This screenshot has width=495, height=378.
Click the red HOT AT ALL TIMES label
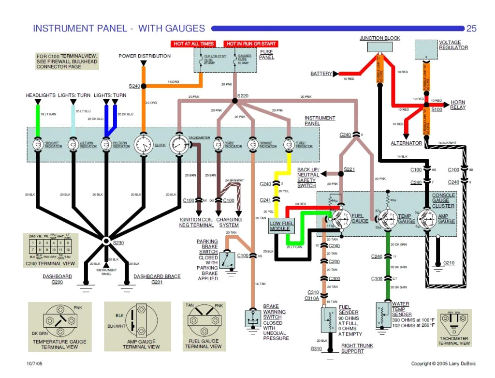tap(193, 44)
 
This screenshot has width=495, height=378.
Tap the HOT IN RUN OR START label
tap(251, 44)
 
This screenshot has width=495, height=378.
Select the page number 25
tap(471, 29)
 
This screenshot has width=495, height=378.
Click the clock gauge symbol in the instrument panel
tap(143, 144)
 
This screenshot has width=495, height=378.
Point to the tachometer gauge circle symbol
tap(178, 144)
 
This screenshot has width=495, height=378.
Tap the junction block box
tap(379, 47)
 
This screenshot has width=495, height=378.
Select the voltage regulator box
tap(426, 49)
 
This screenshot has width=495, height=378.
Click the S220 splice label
tap(243, 96)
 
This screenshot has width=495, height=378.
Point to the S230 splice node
tap(107, 240)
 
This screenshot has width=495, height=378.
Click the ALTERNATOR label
tap(406, 143)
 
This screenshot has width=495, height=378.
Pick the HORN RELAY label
tap(458, 105)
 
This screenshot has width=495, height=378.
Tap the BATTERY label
tap(321, 74)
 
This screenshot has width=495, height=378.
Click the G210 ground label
tap(449, 263)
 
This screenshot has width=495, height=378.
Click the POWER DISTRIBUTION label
tap(145, 56)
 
